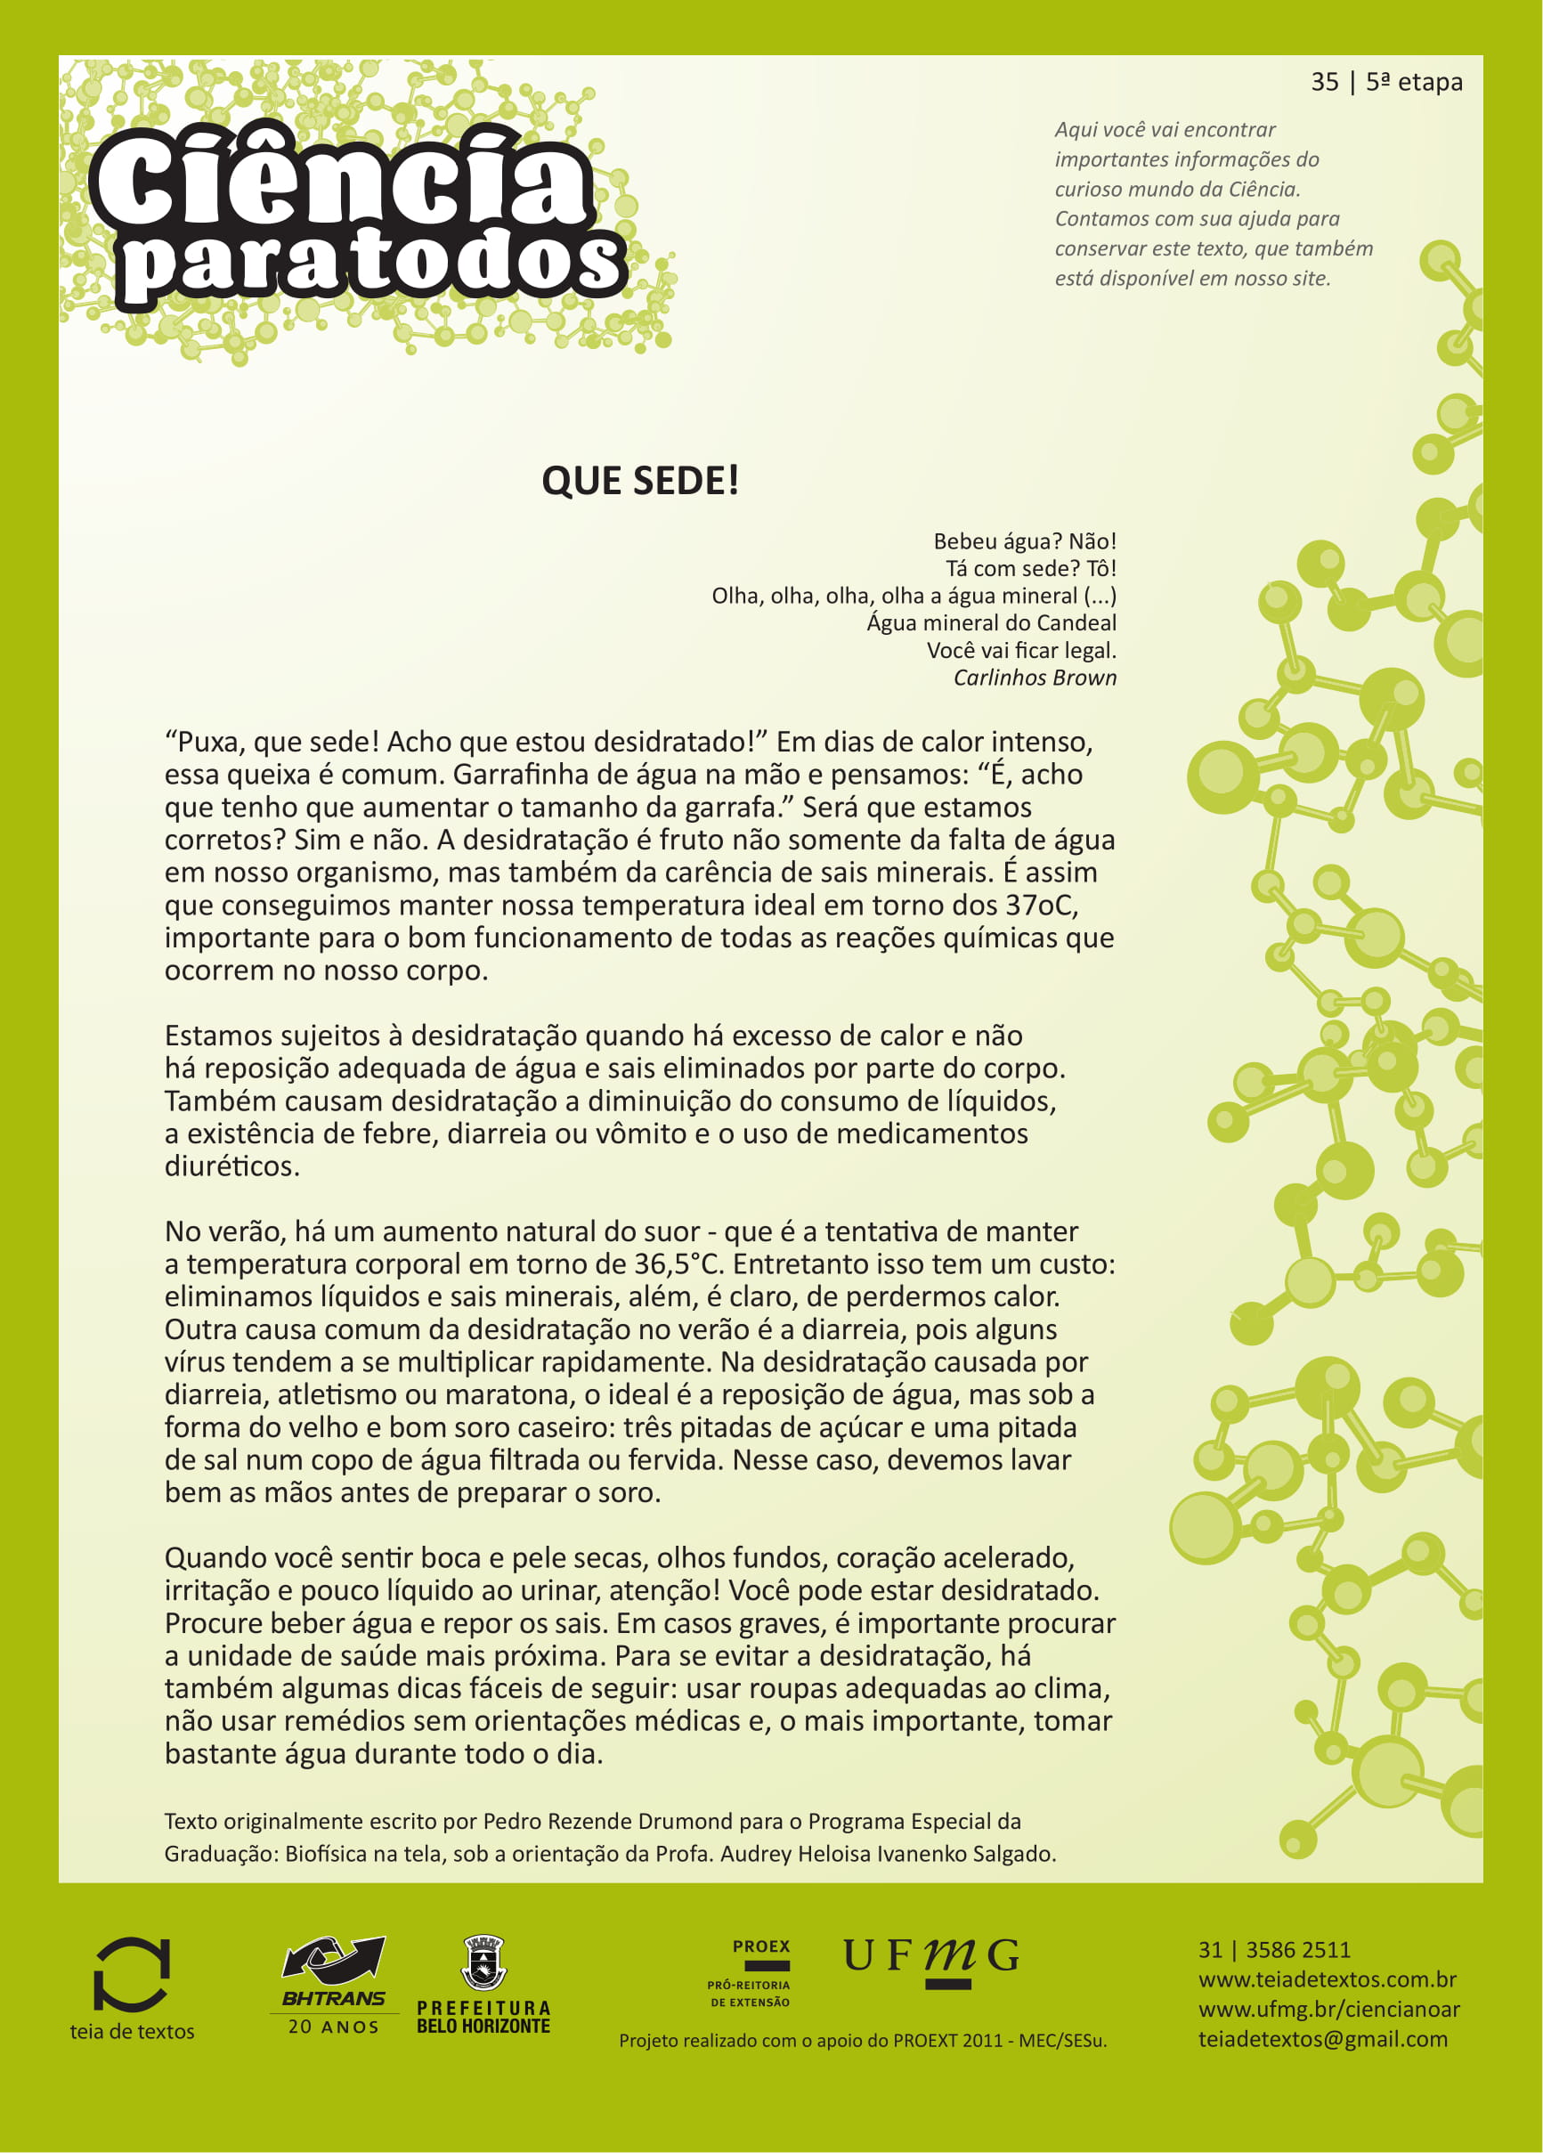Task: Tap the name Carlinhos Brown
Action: pos(1035,678)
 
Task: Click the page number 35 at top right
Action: pos(1325,83)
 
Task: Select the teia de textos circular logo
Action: pos(131,1975)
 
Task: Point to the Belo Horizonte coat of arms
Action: pos(483,1963)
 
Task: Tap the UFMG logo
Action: pos(930,1958)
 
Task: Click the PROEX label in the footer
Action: pos(760,1946)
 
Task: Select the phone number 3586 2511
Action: pos(1297,1950)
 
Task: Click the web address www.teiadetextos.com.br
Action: pos(1327,1979)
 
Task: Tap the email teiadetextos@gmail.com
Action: pos(1323,2039)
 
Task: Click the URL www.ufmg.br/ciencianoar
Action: pos(1328,2009)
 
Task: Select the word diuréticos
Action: pos(231,1166)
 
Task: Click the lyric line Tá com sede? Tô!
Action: pos(1030,569)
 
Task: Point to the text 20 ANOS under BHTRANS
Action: pos(333,2027)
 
